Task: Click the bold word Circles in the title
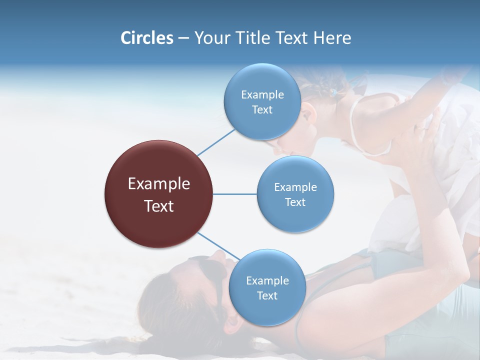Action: [x=147, y=38]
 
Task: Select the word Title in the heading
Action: [x=253, y=38]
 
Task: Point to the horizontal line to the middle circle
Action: [x=234, y=194]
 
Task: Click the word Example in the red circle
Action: [x=159, y=184]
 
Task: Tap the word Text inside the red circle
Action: [x=159, y=206]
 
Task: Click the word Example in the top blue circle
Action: [x=262, y=95]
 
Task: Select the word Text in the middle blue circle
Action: [x=295, y=202]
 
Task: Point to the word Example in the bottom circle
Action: [x=267, y=281]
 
